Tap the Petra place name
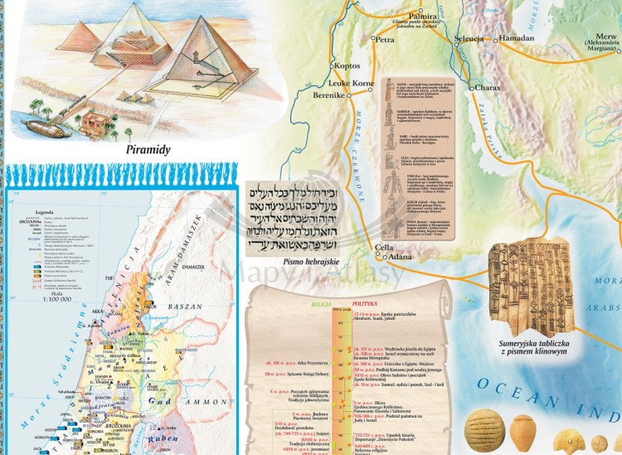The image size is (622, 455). pos(385,39)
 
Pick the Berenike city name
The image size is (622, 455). pos(328,96)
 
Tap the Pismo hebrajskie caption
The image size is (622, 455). pos(312,263)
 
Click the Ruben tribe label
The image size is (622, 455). pos(157,440)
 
